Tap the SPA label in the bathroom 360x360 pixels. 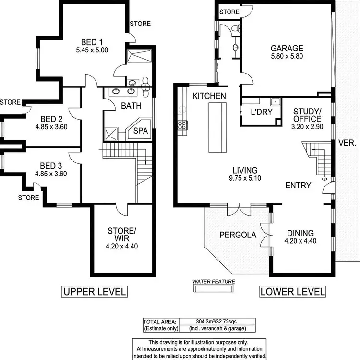140,131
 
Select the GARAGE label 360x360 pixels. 287,48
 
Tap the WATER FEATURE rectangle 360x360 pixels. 213,288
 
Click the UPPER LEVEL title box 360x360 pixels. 94,291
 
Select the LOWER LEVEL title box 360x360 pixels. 292,291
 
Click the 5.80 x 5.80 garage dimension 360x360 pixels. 287,56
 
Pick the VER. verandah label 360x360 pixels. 347,143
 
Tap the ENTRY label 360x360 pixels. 298,186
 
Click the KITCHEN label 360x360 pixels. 209,96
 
